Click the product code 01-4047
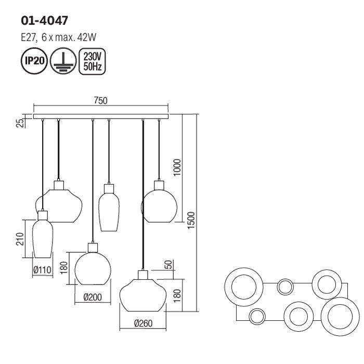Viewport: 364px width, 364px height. (44, 20)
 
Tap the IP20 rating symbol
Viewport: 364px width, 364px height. (34, 61)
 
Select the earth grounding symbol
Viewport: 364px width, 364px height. (63, 61)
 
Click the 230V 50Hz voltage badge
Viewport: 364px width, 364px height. (92, 61)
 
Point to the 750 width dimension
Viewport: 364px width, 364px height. (101, 100)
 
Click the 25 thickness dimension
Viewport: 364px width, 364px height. (21, 123)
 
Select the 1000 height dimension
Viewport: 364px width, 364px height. (177, 167)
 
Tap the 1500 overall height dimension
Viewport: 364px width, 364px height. (191, 220)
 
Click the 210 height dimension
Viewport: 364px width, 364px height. (20, 239)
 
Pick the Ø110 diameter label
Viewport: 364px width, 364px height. (42, 270)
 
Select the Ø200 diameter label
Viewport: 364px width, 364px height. (93, 297)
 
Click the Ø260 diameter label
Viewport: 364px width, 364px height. (143, 323)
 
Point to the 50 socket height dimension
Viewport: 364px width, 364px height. (170, 265)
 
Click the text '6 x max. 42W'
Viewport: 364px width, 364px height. (69, 37)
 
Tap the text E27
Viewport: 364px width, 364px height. (29, 37)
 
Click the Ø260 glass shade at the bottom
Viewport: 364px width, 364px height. (143, 295)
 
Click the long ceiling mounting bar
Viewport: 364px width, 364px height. (101, 116)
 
